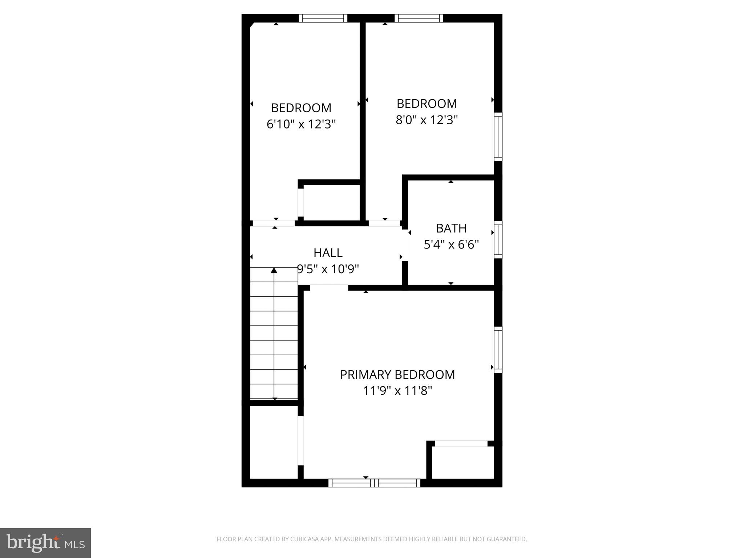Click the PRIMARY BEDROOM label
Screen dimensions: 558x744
point(397,375)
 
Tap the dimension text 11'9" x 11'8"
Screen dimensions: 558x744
point(397,391)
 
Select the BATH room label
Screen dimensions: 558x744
point(451,228)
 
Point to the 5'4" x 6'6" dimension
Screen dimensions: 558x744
point(451,244)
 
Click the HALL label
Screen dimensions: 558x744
point(328,253)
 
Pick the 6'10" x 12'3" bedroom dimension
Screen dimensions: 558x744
point(301,124)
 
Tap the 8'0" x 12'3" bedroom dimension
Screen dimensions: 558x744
point(426,120)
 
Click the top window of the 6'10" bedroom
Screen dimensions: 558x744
point(323,18)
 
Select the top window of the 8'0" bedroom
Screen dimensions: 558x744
point(419,18)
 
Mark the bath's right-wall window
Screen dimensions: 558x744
point(498,240)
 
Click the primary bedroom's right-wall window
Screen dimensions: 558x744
point(498,349)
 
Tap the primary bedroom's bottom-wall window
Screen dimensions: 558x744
point(374,483)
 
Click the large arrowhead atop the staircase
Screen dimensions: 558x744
point(274,271)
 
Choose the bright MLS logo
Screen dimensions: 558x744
point(45,543)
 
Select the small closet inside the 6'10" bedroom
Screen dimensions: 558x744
point(331,202)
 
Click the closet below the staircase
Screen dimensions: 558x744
point(274,442)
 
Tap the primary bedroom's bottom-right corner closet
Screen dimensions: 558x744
point(462,462)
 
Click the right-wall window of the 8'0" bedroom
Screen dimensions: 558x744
point(498,137)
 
